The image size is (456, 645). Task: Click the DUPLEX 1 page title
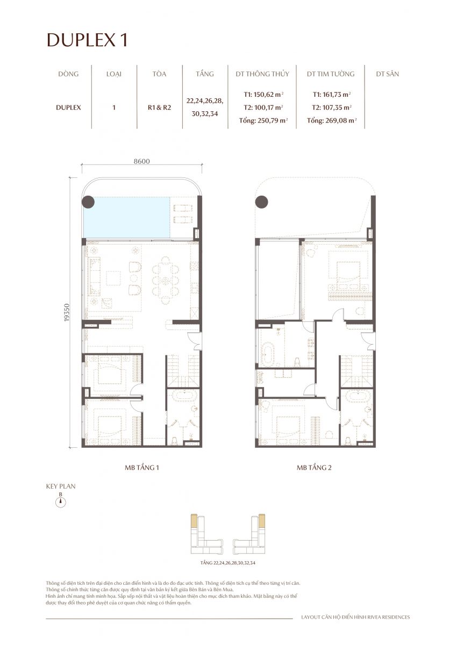pyautogui.click(x=87, y=40)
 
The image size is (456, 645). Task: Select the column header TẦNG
pyautogui.click(x=205, y=74)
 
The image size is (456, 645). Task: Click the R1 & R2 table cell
pyautogui.click(x=159, y=107)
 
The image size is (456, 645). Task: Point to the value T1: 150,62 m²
pyautogui.click(x=263, y=94)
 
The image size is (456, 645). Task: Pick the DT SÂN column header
pyautogui.click(x=387, y=74)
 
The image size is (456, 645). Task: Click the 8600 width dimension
pyautogui.click(x=141, y=161)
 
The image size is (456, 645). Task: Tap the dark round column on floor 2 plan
pyautogui.click(x=262, y=202)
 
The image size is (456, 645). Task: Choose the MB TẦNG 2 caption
pyautogui.click(x=314, y=468)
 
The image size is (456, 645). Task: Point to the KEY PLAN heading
pyautogui.click(x=61, y=486)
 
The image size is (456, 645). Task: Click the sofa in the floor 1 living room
pyautogui.click(x=95, y=276)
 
